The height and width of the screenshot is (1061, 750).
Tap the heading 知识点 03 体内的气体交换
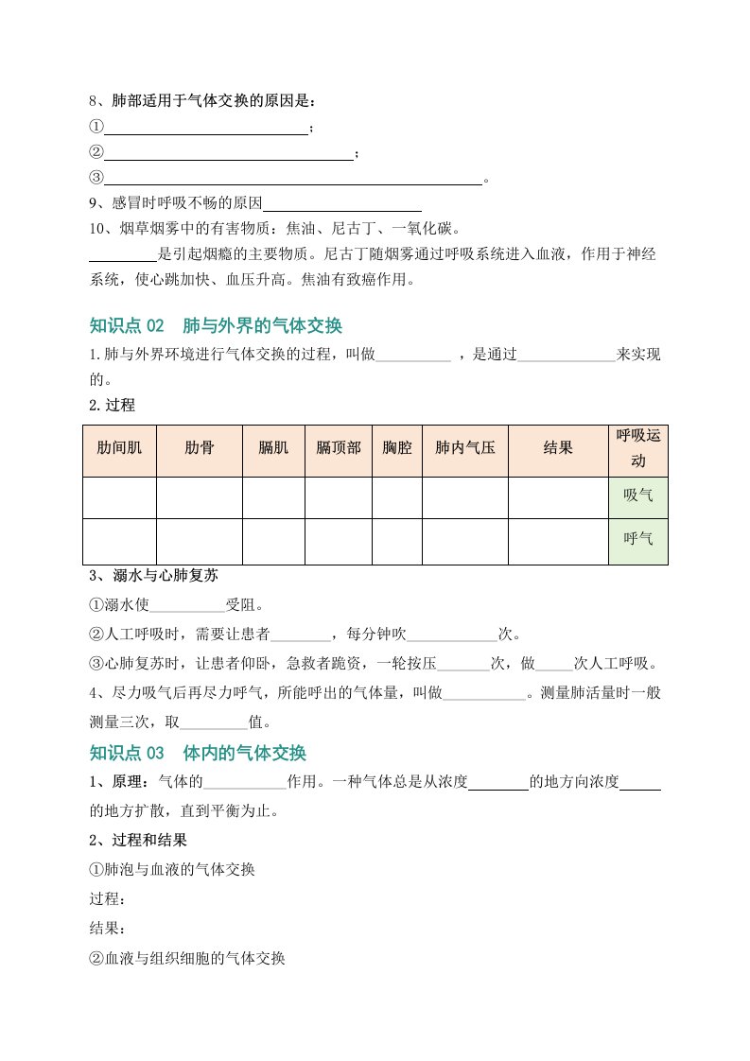point(198,753)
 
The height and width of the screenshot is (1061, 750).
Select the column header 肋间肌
point(119,450)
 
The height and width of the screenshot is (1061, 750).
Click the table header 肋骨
point(199,450)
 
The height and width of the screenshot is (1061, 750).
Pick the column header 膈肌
point(273,450)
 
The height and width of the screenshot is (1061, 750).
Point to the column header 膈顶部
point(338,450)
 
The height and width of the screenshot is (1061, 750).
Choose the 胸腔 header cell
point(396,450)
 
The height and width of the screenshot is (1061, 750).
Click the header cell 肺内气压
point(464,450)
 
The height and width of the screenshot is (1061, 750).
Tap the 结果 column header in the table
point(558,450)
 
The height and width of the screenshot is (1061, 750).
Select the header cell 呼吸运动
point(638,449)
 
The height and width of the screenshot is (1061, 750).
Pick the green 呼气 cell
point(638,540)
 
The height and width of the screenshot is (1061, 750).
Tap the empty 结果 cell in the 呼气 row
point(558,540)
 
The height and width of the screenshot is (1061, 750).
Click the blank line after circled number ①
point(206,127)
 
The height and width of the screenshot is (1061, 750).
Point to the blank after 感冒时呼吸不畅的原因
point(342,203)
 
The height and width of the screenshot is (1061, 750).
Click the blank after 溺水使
point(187,605)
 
